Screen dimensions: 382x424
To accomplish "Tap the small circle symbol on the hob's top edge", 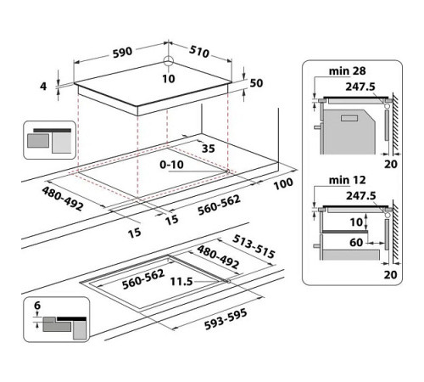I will tap(168, 60).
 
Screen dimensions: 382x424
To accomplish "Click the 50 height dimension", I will tap(258, 81).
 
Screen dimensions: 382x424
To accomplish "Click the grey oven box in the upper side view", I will tap(349, 123).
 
